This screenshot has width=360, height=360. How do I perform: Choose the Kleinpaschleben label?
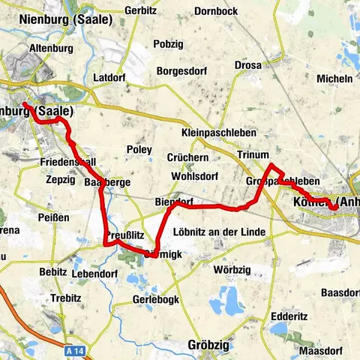pyautogui.click(x=219, y=133)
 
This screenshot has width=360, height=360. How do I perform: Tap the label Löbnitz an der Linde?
pyautogui.click(x=219, y=232)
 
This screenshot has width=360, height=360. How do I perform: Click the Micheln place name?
pyautogui.click(x=335, y=78)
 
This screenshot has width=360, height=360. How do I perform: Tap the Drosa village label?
pyautogui.click(x=247, y=65)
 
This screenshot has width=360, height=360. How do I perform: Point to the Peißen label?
pyautogui.click(x=54, y=217)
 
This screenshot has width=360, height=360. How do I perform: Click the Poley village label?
pyautogui.click(x=139, y=150)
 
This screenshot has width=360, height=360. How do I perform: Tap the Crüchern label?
pyautogui.click(x=188, y=158)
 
